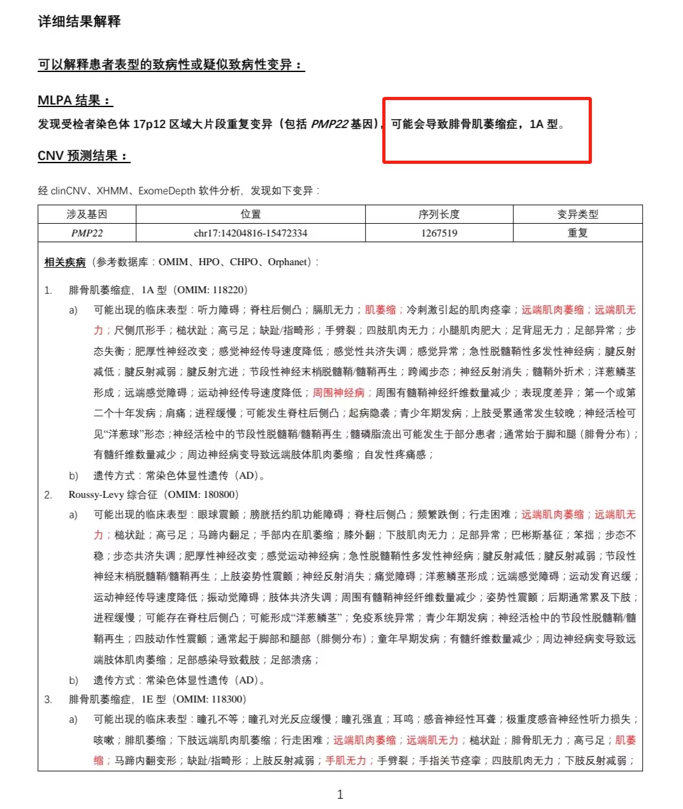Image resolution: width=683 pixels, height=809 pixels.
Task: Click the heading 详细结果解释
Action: coord(79,21)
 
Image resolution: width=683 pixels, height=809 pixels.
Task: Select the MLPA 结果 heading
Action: coord(75,100)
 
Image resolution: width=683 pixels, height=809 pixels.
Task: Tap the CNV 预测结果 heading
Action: coord(83,156)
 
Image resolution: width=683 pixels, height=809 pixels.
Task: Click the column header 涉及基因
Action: coord(87,214)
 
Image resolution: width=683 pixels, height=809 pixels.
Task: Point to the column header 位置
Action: coord(250,214)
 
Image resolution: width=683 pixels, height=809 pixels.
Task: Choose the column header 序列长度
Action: coord(439,214)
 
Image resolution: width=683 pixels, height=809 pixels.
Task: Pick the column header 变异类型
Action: coord(577,214)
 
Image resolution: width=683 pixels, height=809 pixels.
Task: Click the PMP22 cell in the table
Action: coord(87,233)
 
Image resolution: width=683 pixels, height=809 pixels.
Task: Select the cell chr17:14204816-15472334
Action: coord(250,233)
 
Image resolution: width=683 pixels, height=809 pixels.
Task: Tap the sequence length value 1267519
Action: coord(439,233)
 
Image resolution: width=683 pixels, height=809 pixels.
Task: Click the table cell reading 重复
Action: coord(577,233)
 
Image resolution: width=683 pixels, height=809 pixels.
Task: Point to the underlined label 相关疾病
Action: coord(64,262)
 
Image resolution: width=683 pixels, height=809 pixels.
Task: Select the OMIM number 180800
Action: coord(219,495)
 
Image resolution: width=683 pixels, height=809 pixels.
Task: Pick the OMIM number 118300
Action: coord(227,699)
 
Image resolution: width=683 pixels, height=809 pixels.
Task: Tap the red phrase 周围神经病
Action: coord(339,393)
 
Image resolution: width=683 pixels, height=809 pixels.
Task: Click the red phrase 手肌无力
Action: coord(346,761)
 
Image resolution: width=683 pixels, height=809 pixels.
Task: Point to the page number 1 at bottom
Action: coord(340,794)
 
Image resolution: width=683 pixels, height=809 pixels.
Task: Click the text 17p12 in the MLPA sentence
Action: coord(149,124)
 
